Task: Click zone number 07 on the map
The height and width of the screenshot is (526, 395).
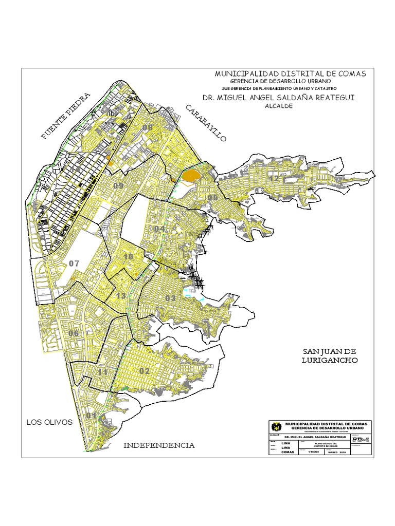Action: coord(75,264)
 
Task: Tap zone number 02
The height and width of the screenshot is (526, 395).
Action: coord(144,371)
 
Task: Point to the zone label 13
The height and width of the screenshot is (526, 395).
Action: coord(121,296)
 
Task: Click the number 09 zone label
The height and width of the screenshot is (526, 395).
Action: coord(119,186)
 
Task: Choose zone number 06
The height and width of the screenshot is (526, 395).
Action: coord(74,333)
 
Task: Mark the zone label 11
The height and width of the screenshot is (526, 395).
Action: coord(103,372)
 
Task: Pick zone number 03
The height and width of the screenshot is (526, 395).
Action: coord(171,298)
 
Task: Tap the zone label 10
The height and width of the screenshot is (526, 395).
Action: coord(129,257)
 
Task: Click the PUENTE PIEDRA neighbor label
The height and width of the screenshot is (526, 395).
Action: coord(66,116)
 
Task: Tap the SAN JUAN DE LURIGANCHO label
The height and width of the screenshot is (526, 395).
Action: coord(329,355)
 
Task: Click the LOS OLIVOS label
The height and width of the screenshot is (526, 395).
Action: coord(49,422)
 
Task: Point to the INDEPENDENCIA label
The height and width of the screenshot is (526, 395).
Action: coord(159,445)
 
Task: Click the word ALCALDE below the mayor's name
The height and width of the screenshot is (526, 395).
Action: coord(278,106)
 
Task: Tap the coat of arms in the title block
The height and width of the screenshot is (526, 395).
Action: coord(278,426)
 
